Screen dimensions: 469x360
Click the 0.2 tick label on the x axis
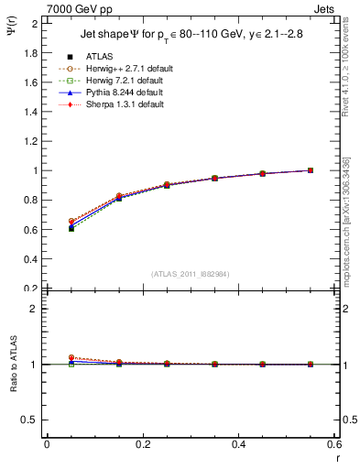pos(142,443)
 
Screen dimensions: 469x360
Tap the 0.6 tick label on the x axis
pos(334,443)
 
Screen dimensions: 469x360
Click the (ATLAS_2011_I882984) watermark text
pos(190,274)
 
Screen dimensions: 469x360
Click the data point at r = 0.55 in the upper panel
pos(311,170)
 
